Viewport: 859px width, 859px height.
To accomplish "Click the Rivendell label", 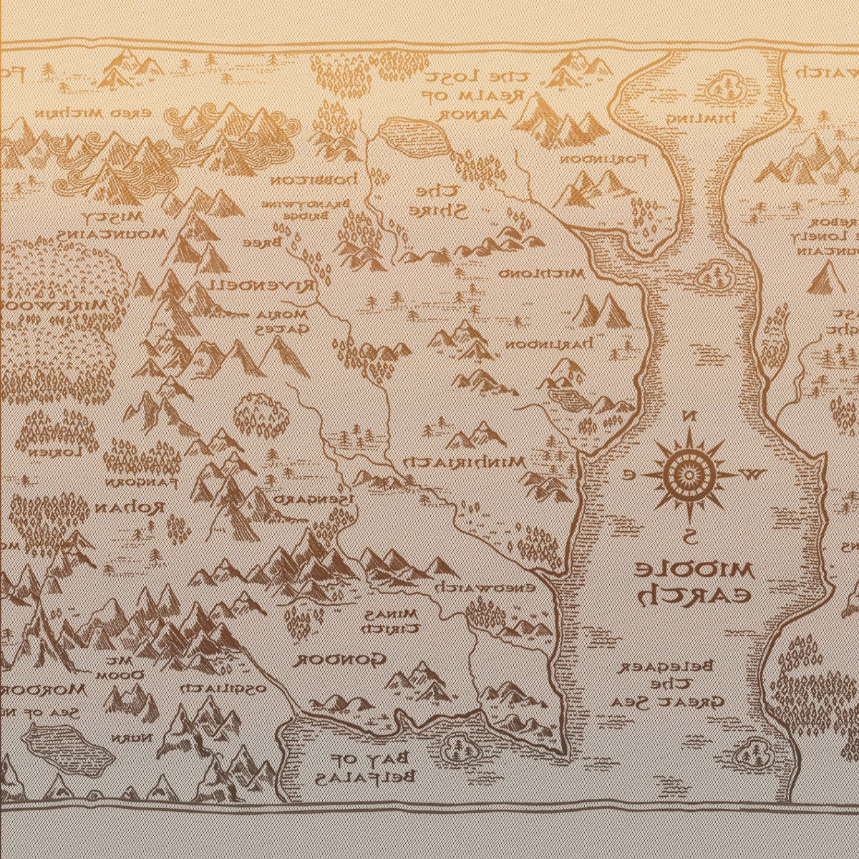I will point(261,285).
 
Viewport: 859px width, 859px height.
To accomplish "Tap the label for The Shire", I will point(437,201).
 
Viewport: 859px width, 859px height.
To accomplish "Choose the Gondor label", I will point(341,659).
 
